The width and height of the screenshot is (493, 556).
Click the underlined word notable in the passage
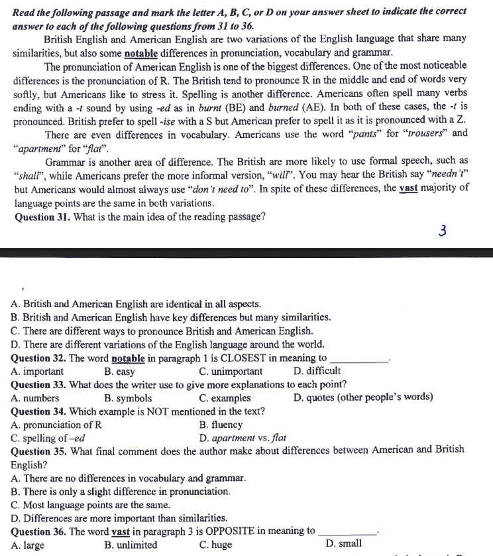click(x=141, y=52)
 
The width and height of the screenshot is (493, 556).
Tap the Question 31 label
click(x=40, y=216)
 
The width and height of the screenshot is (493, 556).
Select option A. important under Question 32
click(x=38, y=371)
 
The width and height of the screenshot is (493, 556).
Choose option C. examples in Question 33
click(x=225, y=398)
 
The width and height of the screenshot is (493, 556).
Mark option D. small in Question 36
click(x=344, y=544)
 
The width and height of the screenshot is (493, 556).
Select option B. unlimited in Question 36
click(x=131, y=545)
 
